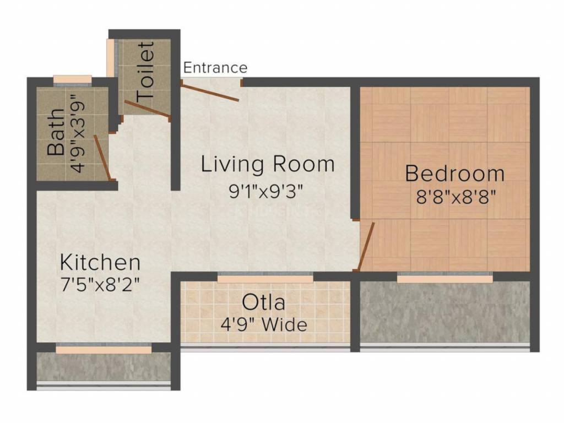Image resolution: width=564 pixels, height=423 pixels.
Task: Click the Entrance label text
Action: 215,68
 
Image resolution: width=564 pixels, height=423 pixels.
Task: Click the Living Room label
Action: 268,164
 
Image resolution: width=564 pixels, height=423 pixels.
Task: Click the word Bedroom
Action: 454,173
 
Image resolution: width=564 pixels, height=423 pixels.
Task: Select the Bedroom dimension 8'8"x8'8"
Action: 454,197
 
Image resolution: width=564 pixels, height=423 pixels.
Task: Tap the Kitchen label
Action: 100,261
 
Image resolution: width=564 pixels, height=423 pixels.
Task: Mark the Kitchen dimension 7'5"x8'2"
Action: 100,285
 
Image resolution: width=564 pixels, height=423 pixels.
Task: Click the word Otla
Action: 264,302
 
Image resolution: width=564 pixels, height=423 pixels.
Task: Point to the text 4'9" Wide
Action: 264,324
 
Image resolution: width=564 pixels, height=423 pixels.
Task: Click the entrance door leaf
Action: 210,92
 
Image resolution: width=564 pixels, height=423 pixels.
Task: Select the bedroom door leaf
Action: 366,247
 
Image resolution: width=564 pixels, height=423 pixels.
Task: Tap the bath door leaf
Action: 102,158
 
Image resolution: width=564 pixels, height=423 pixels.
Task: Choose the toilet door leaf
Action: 147,109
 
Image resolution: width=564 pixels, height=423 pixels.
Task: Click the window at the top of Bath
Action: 72,78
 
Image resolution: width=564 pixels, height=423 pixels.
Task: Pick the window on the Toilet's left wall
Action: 111,58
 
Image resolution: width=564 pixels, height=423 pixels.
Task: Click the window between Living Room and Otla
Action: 265,279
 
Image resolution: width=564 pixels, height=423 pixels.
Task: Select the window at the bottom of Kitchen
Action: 104,349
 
